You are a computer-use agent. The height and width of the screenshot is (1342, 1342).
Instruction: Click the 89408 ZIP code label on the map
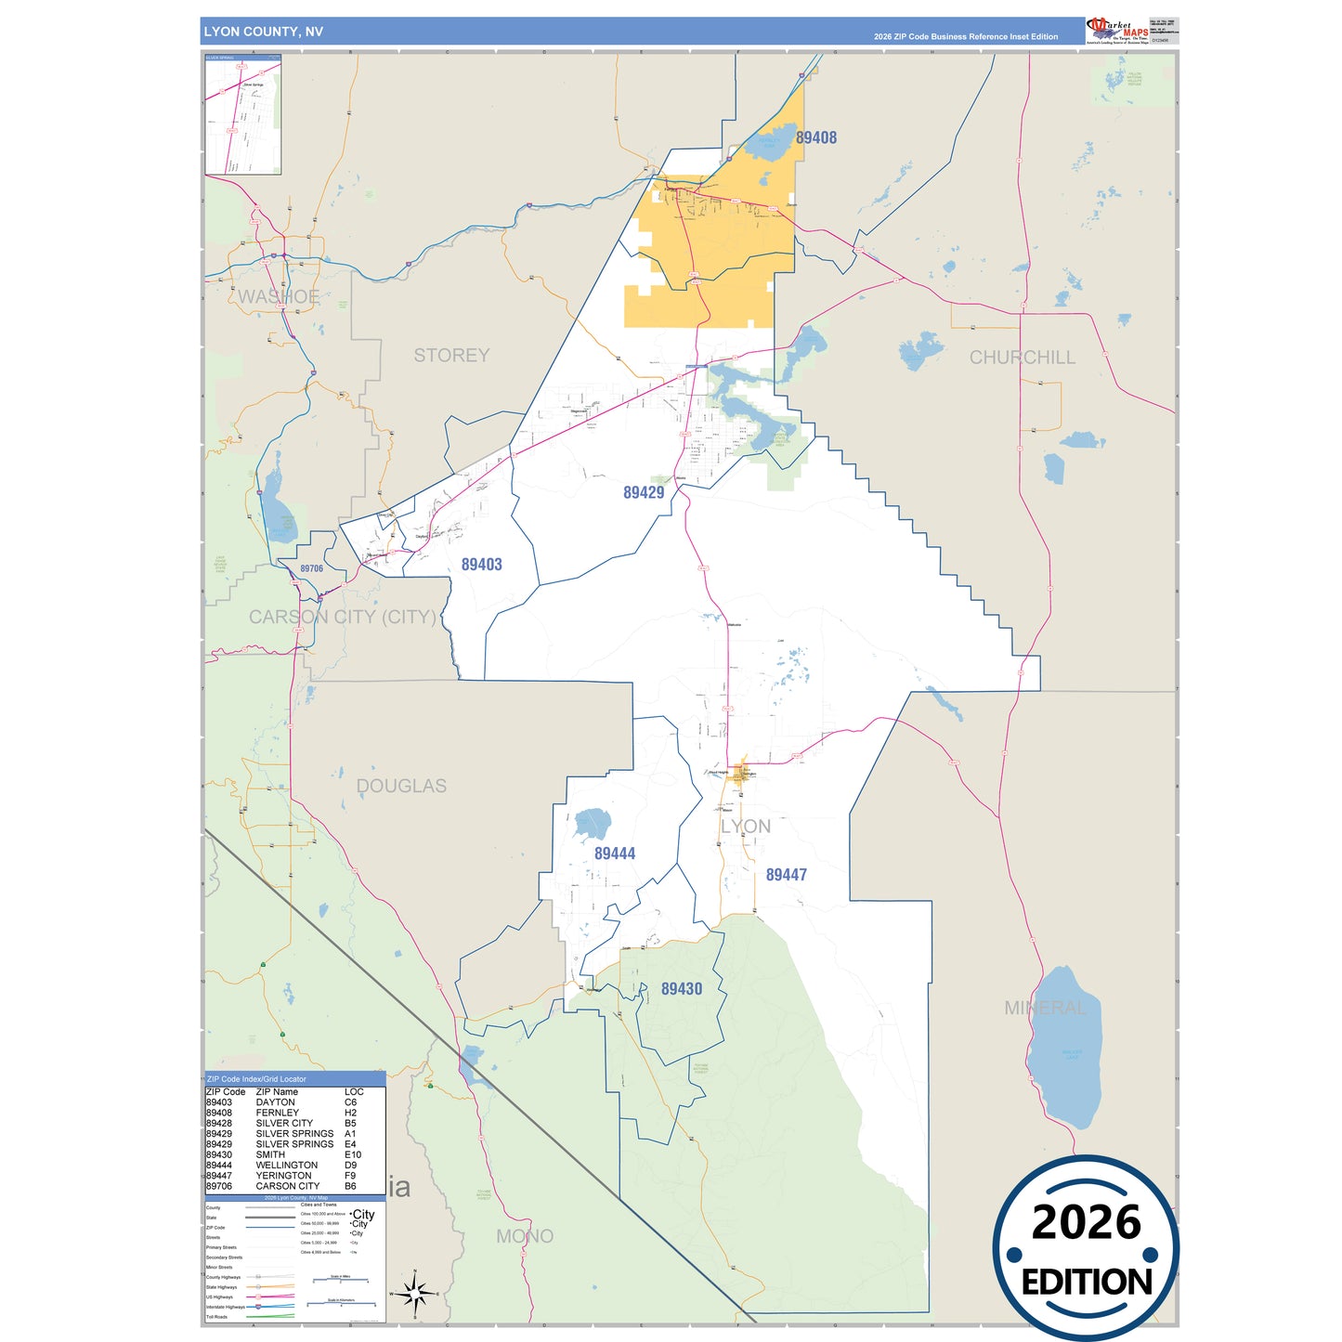click(x=816, y=137)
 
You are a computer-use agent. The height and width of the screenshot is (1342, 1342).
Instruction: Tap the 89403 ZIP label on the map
click(x=481, y=565)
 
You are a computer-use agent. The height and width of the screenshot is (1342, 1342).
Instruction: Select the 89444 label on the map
click(x=615, y=853)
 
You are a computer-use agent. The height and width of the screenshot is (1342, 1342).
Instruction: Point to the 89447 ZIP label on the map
click(x=786, y=875)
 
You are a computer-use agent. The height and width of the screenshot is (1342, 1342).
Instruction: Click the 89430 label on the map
click(x=681, y=989)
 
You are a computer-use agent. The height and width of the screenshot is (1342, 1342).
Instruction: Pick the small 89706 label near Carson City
click(x=312, y=569)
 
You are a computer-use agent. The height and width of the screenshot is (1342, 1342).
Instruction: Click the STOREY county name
click(x=451, y=356)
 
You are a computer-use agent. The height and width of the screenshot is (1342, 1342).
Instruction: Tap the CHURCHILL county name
click(x=1022, y=358)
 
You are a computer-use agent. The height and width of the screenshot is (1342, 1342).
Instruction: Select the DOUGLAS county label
click(x=401, y=787)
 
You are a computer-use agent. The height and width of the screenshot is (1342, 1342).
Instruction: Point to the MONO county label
click(x=525, y=1236)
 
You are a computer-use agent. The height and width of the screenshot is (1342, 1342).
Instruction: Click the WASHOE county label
click(x=279, y=297)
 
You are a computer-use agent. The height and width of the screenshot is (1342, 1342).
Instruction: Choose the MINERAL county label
click(x=1045, y=1008)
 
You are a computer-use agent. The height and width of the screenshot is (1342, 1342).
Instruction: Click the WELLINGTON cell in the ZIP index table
click(x=286, y=1166)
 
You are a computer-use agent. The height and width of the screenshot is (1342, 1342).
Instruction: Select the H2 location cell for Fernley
click(x=350, y=1113)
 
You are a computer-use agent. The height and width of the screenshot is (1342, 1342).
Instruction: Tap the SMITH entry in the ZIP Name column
click(x=270, y=1155)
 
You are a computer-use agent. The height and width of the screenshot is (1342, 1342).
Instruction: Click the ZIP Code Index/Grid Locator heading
click(x=256, y=1079)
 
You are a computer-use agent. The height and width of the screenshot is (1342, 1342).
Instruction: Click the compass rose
click(x=415, y=1294)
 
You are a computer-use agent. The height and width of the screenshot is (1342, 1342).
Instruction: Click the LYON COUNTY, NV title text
click(x=264, y=32)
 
